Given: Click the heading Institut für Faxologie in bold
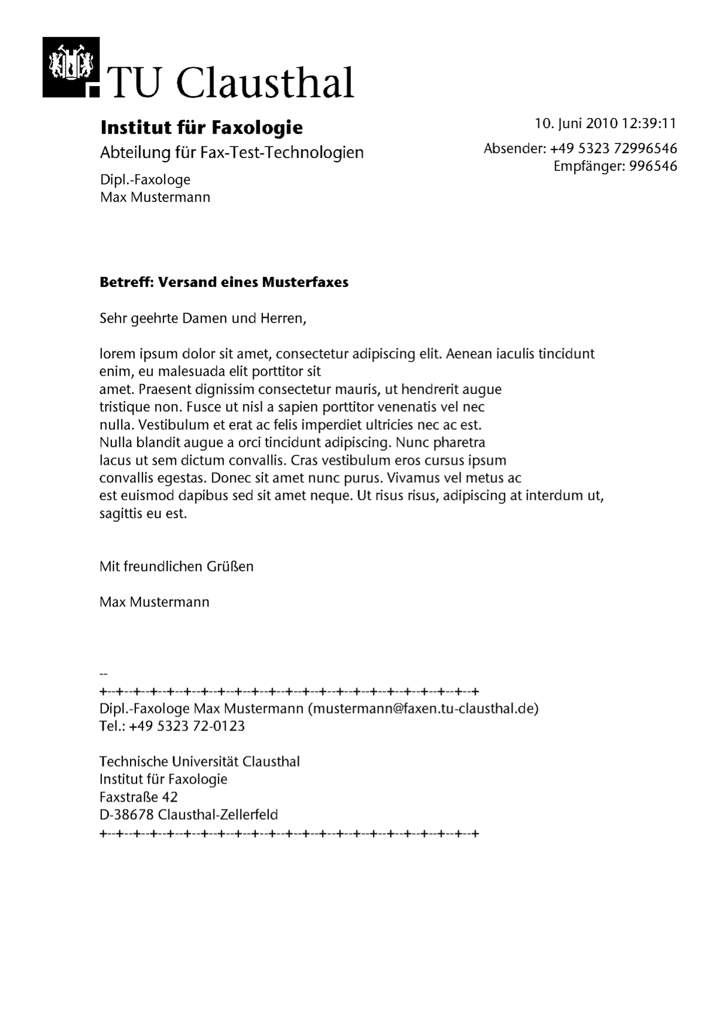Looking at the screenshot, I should pyautogui.click(x=202, y=127).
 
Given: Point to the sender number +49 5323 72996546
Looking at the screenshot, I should pyautogui.click(x=613, y=149).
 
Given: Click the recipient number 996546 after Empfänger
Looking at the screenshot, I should pyautogui.click(x=653, y=166).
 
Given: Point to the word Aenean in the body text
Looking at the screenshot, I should pyautogui.click(x=469, y=354).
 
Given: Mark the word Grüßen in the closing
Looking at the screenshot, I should pyautogui.click(x=230, y=567).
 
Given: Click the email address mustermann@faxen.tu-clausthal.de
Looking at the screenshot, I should pyautogui.click(x=423, y=708).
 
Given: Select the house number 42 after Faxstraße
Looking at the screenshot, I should pyautogui.click(x=170, y=797).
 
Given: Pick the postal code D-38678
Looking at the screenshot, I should pyautogui.click(x=127, y=814).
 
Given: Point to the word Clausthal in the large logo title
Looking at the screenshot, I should pyautogui.click(x=265, y=83).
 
